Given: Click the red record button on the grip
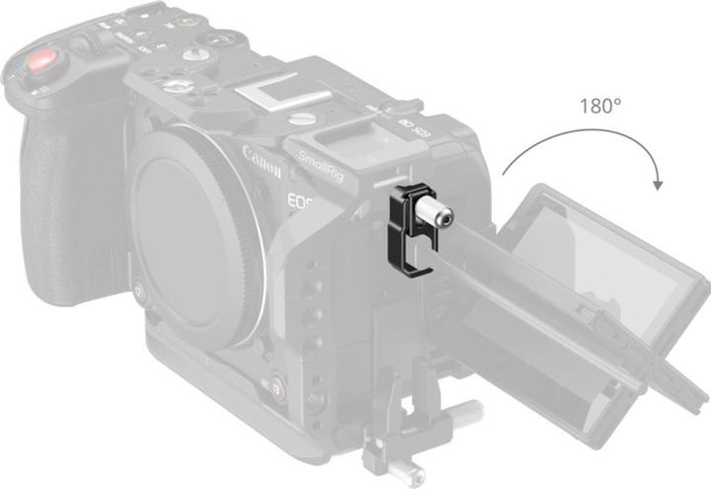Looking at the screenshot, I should point(41,65).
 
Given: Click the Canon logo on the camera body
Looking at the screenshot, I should point(263,158).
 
